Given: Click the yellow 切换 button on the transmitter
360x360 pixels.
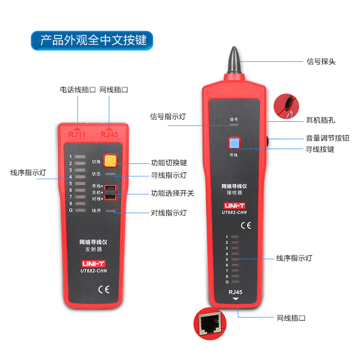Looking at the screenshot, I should click(x=110, y=161).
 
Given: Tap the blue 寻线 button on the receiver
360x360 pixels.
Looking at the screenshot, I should click(x=234, y=143).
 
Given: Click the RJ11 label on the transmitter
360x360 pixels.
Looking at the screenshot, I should click(x=77, y=134).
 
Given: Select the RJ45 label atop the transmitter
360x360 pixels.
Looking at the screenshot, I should click(x=109, y=134).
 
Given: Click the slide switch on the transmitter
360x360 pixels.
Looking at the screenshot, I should click(x=111, y=193).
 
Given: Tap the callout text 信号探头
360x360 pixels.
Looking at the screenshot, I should click(x=321, y=62).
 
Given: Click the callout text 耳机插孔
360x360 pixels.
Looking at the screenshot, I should click(x=321, y=120).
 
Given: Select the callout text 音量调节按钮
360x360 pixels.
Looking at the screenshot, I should click(x=327, y=138).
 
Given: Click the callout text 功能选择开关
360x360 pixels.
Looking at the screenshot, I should click(x=172, y=193).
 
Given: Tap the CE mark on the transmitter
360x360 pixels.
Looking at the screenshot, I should click(x=91, y=289).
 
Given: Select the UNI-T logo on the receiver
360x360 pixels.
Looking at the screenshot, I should click(x=234, y=205).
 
